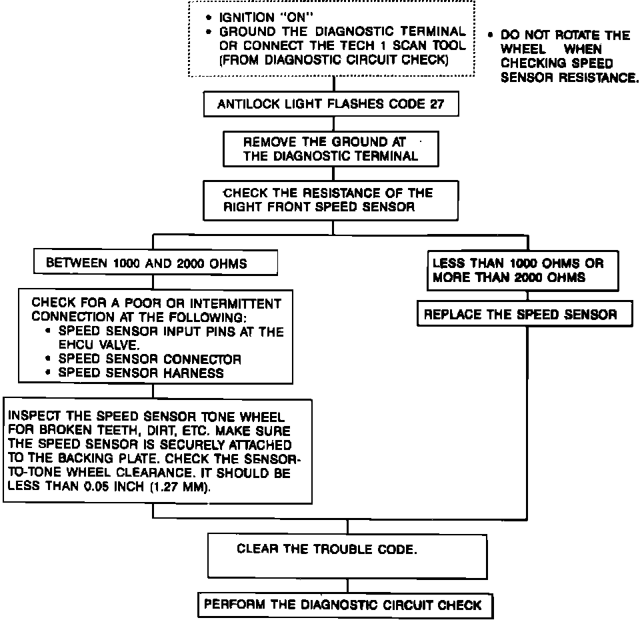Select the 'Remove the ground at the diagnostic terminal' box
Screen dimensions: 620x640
coord(331,149)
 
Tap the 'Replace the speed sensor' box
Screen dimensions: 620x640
coord(524,315)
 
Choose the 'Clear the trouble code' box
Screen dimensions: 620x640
coord(347,555)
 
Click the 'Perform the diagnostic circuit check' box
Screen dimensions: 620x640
coord(347,605)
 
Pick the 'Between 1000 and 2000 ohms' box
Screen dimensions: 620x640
coord(155,263)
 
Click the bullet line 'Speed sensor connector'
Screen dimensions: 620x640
coord(149,359)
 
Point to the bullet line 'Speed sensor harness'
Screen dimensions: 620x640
coord(141,373)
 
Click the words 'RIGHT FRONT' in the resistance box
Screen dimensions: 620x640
coord(261,207)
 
